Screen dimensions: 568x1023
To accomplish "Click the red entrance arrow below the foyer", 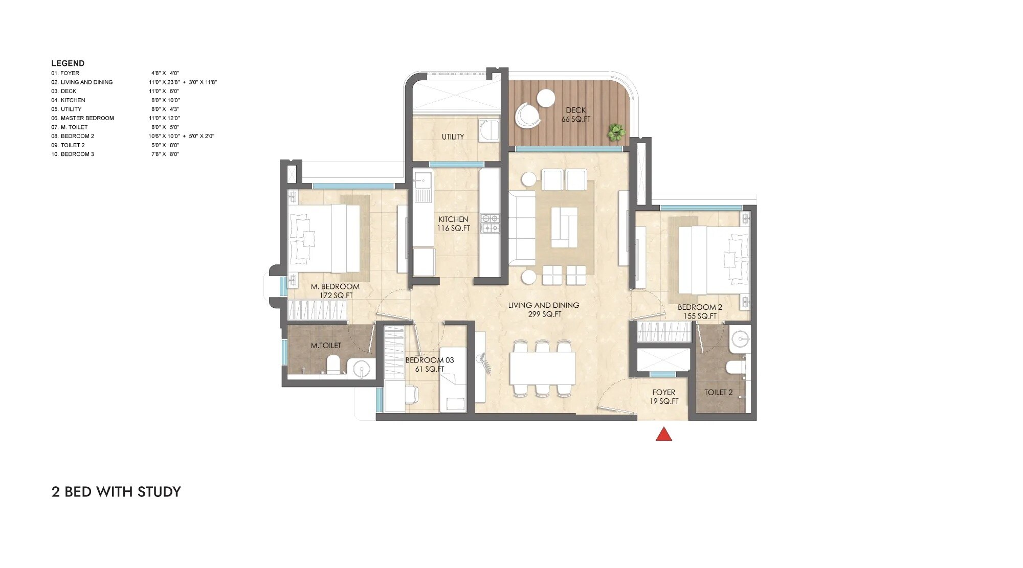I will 663,434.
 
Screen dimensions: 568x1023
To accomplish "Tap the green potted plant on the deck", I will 615,132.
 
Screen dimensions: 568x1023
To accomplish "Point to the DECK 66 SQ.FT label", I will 576,115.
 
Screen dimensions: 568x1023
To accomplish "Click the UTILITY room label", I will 453,137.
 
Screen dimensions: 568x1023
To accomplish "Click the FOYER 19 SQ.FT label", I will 664,397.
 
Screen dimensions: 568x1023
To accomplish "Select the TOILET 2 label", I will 718,392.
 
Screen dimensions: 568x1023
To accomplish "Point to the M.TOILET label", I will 326,345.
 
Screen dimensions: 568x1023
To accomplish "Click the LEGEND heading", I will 68,63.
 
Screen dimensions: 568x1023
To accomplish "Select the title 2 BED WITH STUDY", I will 116,492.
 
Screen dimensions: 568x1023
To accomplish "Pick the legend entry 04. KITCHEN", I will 68,100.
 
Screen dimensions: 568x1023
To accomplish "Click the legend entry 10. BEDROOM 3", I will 72,154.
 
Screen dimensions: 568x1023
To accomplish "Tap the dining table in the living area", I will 543,368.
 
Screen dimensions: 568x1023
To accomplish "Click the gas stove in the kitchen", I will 490,223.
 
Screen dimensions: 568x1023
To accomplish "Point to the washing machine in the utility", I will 490,130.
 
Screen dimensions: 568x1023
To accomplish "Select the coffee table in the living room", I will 564,227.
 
